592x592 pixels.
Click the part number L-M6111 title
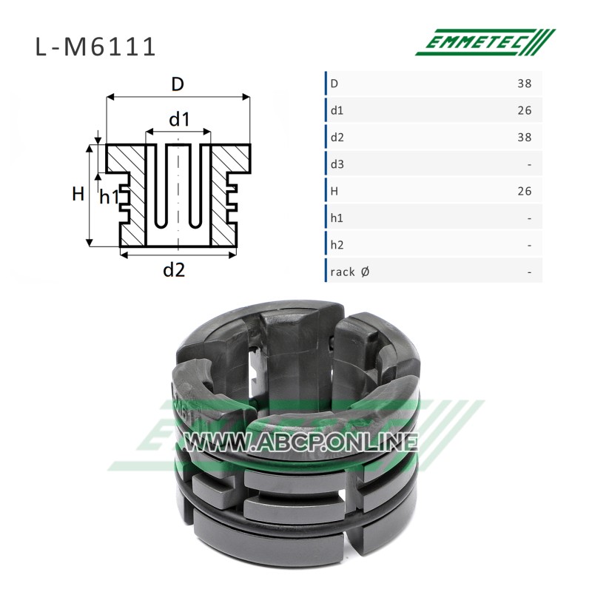95,47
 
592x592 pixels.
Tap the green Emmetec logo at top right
485,42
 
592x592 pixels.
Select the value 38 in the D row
525,84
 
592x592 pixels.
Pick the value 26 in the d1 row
525,110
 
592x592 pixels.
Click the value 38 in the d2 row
525,138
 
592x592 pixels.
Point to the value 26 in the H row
525,192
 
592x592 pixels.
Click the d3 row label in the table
337,164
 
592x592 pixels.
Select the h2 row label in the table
337,246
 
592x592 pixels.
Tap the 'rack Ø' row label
349,272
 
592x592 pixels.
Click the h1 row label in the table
337,218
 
